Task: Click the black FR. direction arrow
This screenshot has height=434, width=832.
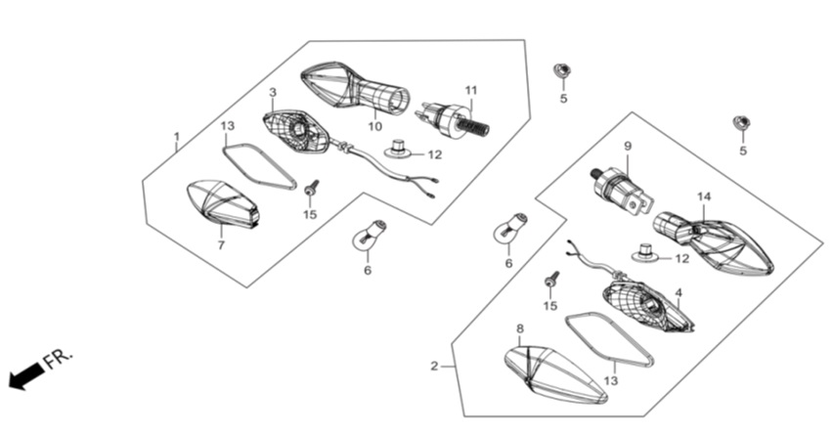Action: point(26,376)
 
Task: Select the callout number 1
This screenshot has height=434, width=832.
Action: point(177,136)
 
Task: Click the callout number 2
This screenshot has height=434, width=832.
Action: point(434,367)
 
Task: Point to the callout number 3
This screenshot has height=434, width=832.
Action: point(273,92)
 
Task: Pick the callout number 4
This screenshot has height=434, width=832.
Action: point(679,293)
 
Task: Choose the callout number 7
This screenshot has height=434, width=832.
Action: point(221,245)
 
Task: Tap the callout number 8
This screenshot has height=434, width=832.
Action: point(520,328)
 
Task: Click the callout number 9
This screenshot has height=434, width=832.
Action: point(628,146)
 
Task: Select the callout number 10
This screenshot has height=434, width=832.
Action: point(374,127)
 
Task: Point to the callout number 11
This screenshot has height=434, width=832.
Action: point(471,91)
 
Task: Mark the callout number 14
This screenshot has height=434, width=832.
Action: point(704,196)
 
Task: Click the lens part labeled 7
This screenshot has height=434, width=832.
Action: point(223,203)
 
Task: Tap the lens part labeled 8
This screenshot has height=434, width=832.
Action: point(554,374)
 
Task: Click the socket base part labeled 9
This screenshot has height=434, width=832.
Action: point(622,190)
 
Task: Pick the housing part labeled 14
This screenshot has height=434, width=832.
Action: point(713,243)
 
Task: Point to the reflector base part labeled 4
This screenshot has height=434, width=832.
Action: point(648,306)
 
